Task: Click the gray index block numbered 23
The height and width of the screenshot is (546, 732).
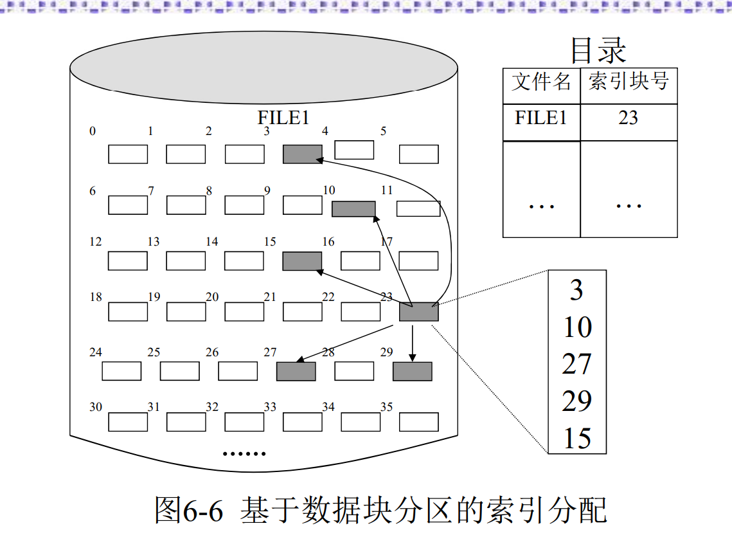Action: [x=418, y=311]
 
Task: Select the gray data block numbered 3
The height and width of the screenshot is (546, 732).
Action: [x=303, y=154]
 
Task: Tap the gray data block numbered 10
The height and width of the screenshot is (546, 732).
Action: [x=353, y=208]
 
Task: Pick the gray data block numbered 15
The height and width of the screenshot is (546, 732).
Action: [x=302, y=260]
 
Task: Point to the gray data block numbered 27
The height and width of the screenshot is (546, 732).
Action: [x=296, y=371]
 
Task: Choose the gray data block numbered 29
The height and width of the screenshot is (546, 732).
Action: [x=412, y=371]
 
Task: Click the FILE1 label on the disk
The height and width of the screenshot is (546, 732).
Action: [x=283, y=118]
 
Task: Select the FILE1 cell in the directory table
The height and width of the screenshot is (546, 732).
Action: [x=541, y=118]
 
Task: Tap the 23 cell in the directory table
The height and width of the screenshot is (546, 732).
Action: [x=628, y=118]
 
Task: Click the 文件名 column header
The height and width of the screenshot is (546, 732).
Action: [x=541, y=82]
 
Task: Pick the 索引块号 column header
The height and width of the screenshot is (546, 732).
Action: [x=628, y=82]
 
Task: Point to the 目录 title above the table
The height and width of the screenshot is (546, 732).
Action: [x=598, y=50]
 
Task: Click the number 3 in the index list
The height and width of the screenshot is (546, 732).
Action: [x=576, y=290]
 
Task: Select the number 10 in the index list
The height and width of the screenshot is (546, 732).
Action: [x=577, y=327]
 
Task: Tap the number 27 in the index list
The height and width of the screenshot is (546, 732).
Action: [x=576, y=364]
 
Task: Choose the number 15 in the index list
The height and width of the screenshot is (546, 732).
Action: [x=577, y=439]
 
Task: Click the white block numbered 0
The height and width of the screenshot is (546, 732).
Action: [x=127, y=154]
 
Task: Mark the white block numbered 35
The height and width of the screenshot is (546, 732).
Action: [x=418, y=422]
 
